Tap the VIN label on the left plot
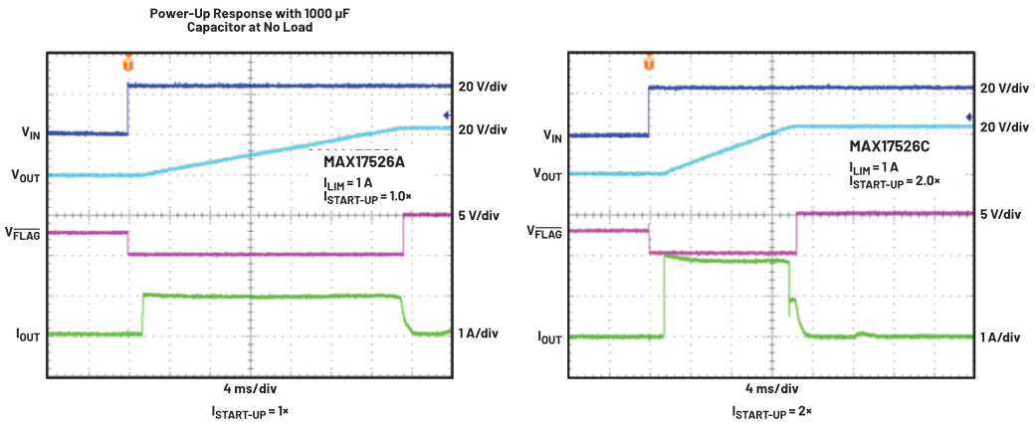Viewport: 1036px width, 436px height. (x=30, y=132)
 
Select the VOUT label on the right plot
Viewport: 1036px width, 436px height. (x=547, y=174)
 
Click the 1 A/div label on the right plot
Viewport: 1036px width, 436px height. (x=1000, y=337)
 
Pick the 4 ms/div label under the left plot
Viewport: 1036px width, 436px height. (x=250, y=388)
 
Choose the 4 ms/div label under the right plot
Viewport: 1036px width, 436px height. (x=771, y=388)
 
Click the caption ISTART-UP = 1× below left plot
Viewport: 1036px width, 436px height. (x=250, y=412)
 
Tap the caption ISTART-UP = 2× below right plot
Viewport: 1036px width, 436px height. (x=771, y=412)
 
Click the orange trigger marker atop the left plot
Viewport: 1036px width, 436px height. (x=127, y=64)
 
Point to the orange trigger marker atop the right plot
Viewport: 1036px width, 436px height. (x=649, y=64)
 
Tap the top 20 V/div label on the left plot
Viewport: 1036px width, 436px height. (x=483, y=87)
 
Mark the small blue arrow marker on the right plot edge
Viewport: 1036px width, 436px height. (x=968, y=117)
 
